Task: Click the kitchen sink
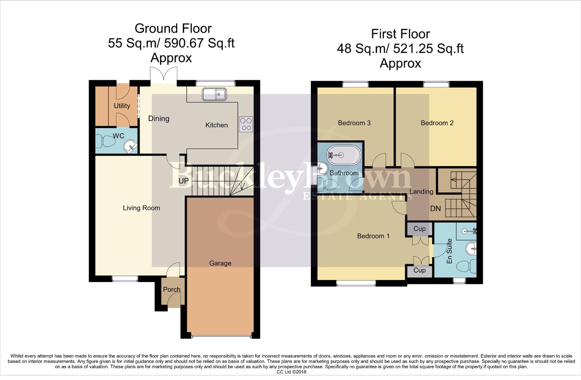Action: [x=214, y=94]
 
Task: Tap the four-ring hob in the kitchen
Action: [x=246, y=124]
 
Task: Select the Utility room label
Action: [x=122, y=106]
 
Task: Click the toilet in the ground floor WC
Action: [x=106, y=142]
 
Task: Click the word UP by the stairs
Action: [x=184, y=181]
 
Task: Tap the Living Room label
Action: [x=141, y=208]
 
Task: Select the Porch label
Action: [x=172, y=290]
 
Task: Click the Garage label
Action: [x=220, y=263]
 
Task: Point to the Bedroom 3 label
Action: [x=354, y=123]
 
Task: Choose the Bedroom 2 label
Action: [x=437, y=123]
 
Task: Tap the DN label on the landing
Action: [x=435, y=209]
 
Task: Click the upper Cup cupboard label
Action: [x=419, y=229]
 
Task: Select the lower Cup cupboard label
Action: [x=419, y=270]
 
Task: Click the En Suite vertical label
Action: [x=449, y=251]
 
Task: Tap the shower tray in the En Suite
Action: [x=466, y=231]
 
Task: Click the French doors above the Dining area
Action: [x=163, y=75]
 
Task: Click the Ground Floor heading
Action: [x=173, y=28]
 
